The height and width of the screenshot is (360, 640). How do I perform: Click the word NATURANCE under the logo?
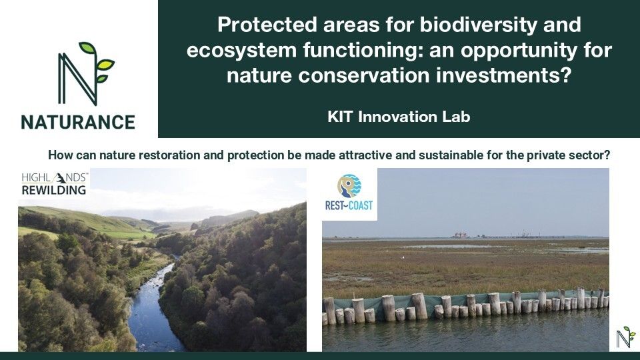[78, 122]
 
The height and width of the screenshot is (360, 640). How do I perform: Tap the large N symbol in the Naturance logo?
[77, 79]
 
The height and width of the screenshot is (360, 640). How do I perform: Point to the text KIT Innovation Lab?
[399, 117]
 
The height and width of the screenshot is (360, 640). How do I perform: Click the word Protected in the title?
[267, 25]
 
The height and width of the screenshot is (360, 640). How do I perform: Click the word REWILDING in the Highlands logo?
[54, 190]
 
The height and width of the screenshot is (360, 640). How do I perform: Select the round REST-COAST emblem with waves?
[349, 186]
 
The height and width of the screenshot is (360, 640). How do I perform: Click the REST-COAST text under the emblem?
[349, 205]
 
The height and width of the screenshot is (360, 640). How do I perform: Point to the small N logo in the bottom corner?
[626, 337]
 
